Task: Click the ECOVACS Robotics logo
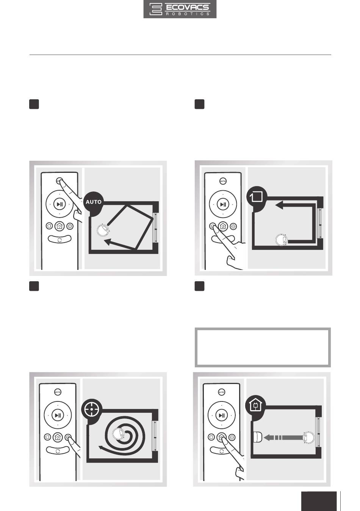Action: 180,9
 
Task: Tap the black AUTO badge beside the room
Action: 94,202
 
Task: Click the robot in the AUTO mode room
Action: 103,230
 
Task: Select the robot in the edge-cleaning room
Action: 282,240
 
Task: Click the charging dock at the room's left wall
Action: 257,437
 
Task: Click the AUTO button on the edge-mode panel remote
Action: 223,181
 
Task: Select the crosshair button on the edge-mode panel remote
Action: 233,226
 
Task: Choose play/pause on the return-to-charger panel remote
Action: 222,415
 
